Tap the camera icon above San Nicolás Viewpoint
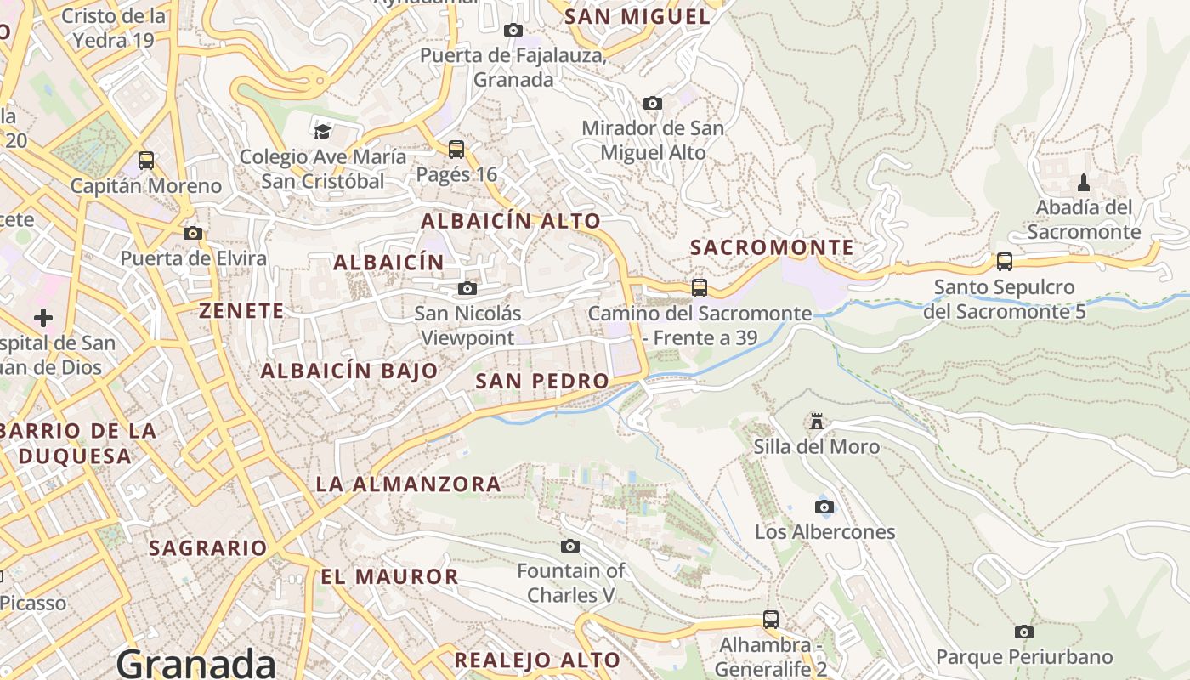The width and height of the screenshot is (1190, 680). tap(467, 289)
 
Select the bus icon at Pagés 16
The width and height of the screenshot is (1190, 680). tap(456, 150)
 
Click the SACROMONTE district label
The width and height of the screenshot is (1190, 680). tap(772, 247)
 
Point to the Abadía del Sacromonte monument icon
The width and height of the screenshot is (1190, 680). tap(1084, 183)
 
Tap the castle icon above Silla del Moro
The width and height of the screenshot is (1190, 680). tap(817, 422)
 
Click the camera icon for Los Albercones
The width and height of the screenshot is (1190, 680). tap(824, 507)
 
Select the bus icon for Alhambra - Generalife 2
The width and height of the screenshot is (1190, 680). tap(771, 620)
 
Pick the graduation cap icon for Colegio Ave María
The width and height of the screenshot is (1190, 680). tap(322, 132)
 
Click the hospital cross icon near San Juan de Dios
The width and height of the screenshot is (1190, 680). tap(43, 319)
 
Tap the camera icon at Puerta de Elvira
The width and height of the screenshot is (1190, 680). tap(193, 234)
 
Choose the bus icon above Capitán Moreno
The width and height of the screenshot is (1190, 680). tap(146, 161)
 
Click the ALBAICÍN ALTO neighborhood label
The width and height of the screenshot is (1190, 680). tap(511, 221)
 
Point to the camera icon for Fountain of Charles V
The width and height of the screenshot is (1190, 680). tap(570, 546)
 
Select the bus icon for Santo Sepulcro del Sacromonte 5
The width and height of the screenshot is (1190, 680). tap(1005, 262)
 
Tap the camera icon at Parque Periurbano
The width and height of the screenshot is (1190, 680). tap(1024, 632)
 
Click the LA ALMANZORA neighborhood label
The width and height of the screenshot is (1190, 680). tap(408, 484)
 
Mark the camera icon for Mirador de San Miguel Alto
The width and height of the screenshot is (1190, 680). tap(653, 104)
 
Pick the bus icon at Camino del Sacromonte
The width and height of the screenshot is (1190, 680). tap(700, 288)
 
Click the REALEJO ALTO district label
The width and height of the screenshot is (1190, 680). tap(537, 660)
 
